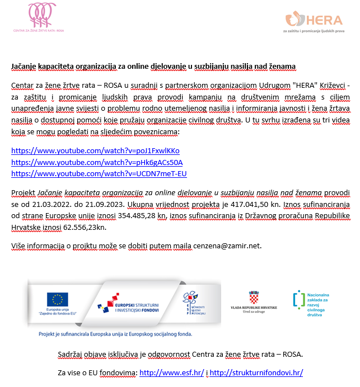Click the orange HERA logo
(313, 21)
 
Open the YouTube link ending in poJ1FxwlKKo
(95, 151)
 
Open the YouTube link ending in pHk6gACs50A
(97, 162)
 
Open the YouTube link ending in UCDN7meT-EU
(99, 173)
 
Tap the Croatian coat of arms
(254, 296)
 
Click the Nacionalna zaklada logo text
(319, 304)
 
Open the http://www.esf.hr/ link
(171, 372)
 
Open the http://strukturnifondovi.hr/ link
(256, 372)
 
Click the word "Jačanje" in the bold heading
(25, 67)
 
